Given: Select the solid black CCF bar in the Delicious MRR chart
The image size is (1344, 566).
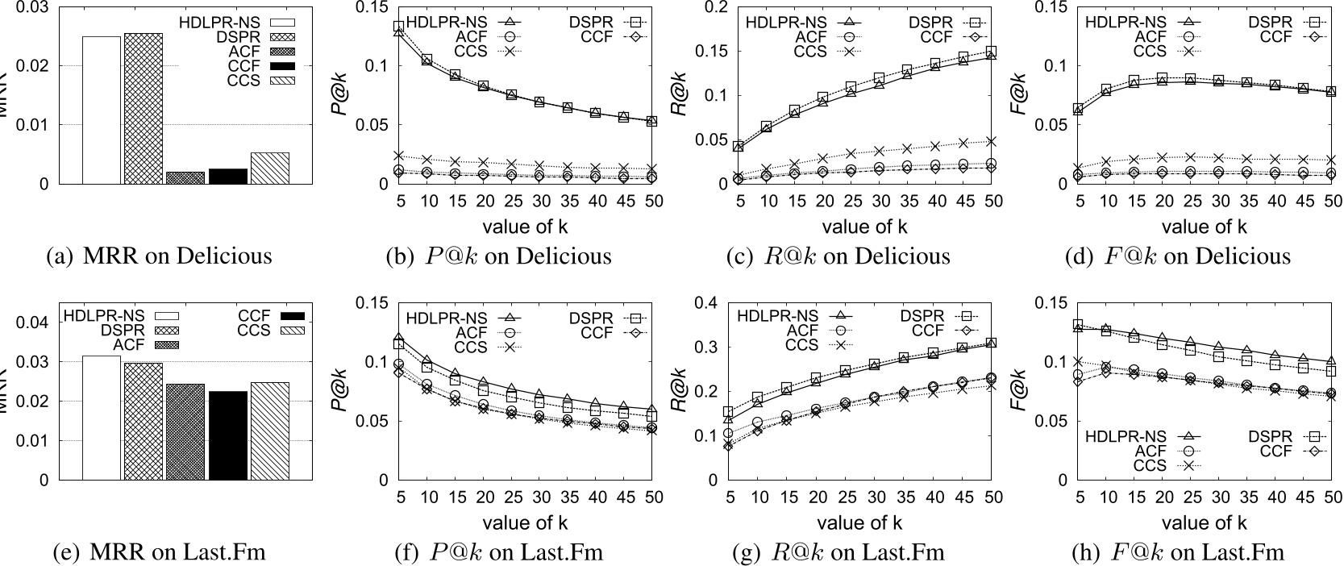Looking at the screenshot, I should coord(227,176).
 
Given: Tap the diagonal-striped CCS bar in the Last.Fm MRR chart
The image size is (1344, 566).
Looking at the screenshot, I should coord(269,431).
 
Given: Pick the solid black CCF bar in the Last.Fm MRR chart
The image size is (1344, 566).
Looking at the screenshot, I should coord(227,435).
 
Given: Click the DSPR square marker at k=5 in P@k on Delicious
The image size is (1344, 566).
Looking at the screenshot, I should coord(397,27).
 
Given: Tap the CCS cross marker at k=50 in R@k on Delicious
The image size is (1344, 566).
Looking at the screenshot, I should coord(992,141).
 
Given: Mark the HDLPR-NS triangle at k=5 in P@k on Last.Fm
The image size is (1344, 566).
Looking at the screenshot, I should coord(397,338).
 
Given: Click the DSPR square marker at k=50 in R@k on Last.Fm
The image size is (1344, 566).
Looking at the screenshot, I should coord(992,343).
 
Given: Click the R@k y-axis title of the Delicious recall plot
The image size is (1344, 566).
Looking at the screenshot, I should coord(680,95).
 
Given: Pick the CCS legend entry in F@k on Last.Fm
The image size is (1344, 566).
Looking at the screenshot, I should coord(1149,464).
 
